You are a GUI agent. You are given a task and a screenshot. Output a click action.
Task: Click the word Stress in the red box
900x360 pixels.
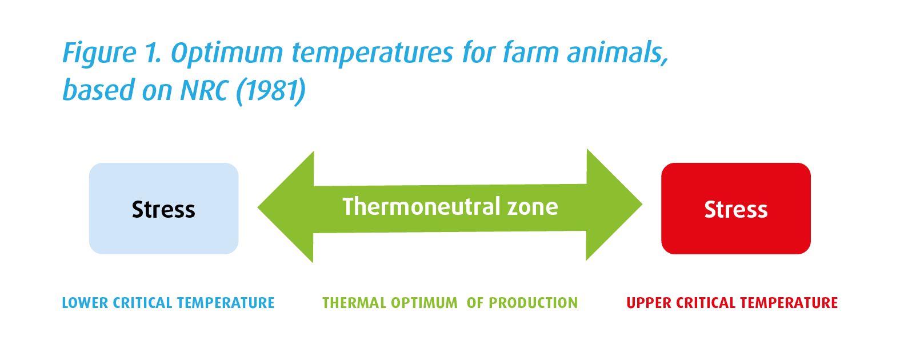click(x=735, y=210)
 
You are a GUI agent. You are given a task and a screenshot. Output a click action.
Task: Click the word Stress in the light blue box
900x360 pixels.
click(x=163, y=210)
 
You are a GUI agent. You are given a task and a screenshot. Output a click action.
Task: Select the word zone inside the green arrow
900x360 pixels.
click(x=532, y=206)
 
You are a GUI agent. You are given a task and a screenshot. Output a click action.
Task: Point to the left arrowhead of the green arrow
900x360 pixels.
click(x=286, y=207)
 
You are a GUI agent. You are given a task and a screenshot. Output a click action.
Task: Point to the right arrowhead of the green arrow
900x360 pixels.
click(x=614, y=205)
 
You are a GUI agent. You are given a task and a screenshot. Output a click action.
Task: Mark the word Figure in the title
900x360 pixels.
click(x=99, y=53)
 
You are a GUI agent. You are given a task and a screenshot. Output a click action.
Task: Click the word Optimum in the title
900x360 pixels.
click(x=227, y=53)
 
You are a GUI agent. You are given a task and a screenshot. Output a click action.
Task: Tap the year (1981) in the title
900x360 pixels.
click(x=271, y=90)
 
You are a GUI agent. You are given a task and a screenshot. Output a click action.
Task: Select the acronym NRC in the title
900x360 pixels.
click(x=205, y=90)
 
